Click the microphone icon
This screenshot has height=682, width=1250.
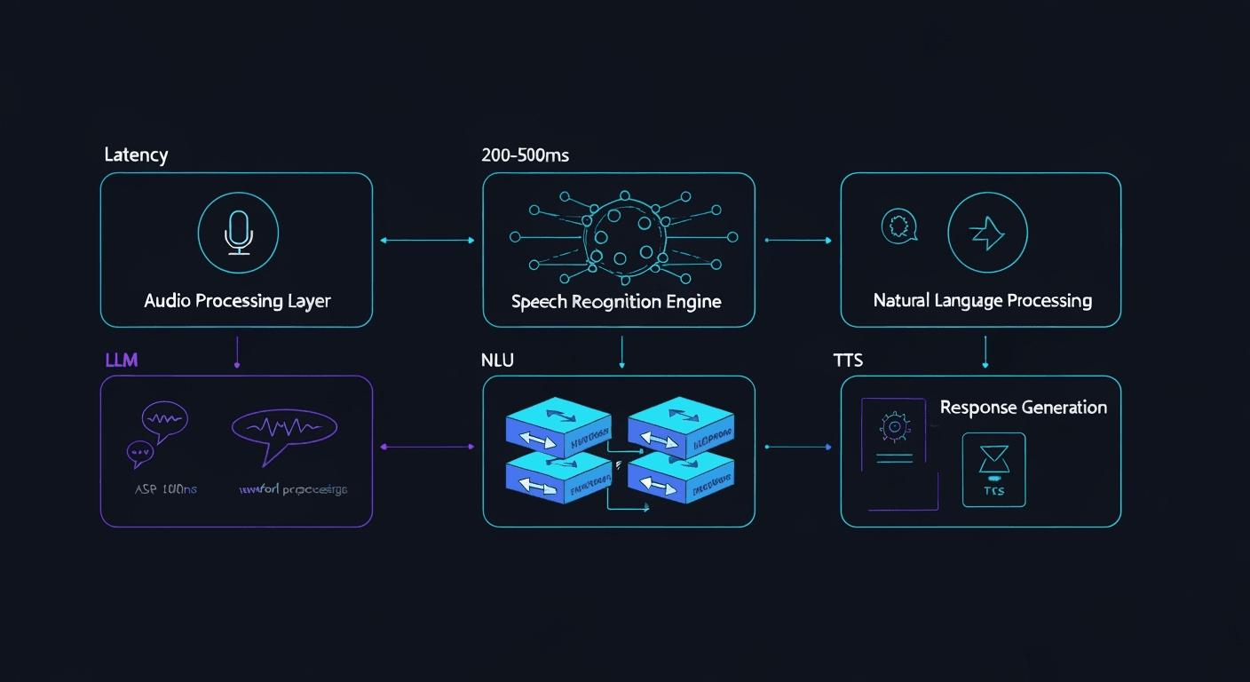click(237, 233)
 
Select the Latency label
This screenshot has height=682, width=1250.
click(136, 155)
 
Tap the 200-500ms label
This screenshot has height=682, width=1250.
click(525, 155)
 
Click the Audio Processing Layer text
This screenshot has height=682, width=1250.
click(237, 301)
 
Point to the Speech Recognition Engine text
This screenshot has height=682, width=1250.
click(616, 302)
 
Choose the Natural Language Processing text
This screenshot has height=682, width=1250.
click(982, 300)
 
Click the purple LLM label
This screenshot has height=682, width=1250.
click(121, 360)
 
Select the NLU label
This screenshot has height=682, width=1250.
click(498, 360)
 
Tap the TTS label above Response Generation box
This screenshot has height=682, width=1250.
click(848, 360)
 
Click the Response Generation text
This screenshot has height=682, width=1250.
click(1023, 408)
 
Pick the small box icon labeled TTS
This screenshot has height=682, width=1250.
click(993, 469)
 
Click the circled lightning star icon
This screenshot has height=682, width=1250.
click(987, 233)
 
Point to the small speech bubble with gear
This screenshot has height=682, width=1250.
click(898, 226)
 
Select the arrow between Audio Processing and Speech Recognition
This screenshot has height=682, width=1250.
click(427, 240)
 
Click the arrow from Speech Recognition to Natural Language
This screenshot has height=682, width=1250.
click(797, 240)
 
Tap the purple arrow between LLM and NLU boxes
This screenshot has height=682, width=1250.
click(427, 447)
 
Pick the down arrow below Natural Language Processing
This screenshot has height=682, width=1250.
click(985, 353)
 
